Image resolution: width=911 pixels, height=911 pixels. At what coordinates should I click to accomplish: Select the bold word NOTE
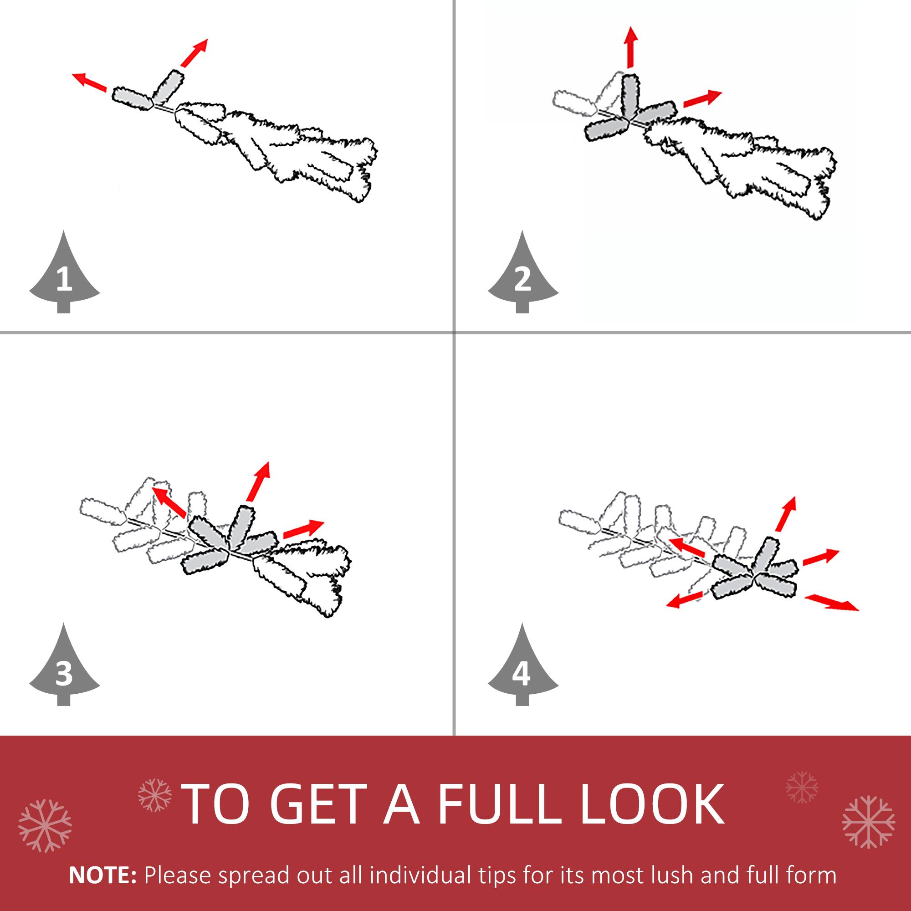point(102,875)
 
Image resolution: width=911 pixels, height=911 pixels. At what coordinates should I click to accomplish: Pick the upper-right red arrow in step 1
point(194,53)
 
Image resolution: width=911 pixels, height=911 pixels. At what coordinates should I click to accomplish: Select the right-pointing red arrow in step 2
point(702,98)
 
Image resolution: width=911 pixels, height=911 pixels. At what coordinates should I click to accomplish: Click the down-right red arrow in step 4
point(831,602)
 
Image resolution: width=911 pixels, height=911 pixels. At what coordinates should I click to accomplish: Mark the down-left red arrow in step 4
point(685,600)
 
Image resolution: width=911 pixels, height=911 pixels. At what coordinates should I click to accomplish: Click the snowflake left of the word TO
point(155,795)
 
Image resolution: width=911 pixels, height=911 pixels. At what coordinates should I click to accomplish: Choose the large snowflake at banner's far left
point(45,826)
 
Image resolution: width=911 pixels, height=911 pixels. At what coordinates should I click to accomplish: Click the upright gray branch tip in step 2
point(630,96)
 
